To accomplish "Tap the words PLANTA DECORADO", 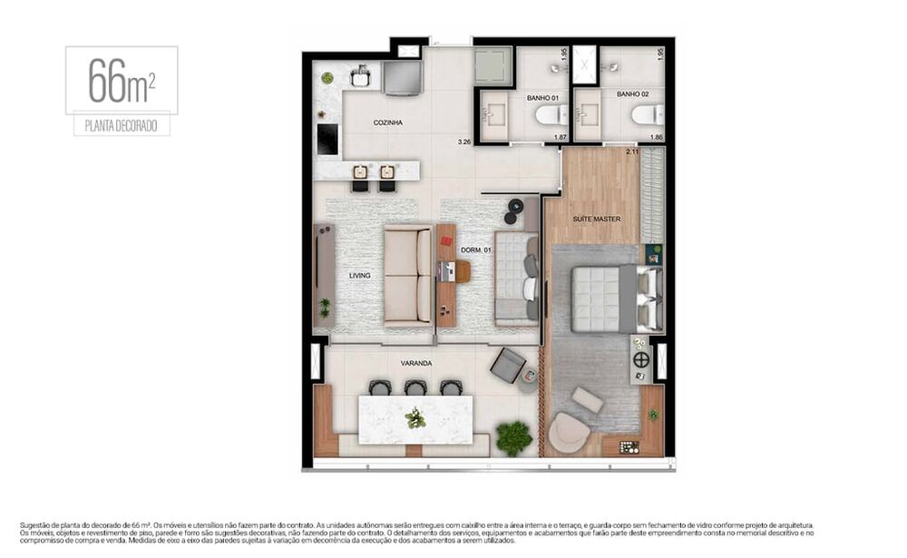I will (122, 127).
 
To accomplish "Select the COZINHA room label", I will (387, 122).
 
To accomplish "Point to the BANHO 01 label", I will (541, 95).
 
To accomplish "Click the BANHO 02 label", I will (632, 93).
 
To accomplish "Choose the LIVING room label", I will (360, 275).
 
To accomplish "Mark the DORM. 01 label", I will (475, 250).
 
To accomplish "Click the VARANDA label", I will (416, 363).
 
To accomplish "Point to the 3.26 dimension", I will (464, 142).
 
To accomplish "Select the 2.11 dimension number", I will (632, 152).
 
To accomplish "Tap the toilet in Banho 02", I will (648, 114).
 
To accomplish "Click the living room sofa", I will (407, 276).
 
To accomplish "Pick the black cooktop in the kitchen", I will (327, 140).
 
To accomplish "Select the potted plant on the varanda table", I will (415, 418).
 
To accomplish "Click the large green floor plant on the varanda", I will (514, 437).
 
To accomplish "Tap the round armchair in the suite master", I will (569, 433).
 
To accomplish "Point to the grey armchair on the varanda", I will (508, 366).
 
